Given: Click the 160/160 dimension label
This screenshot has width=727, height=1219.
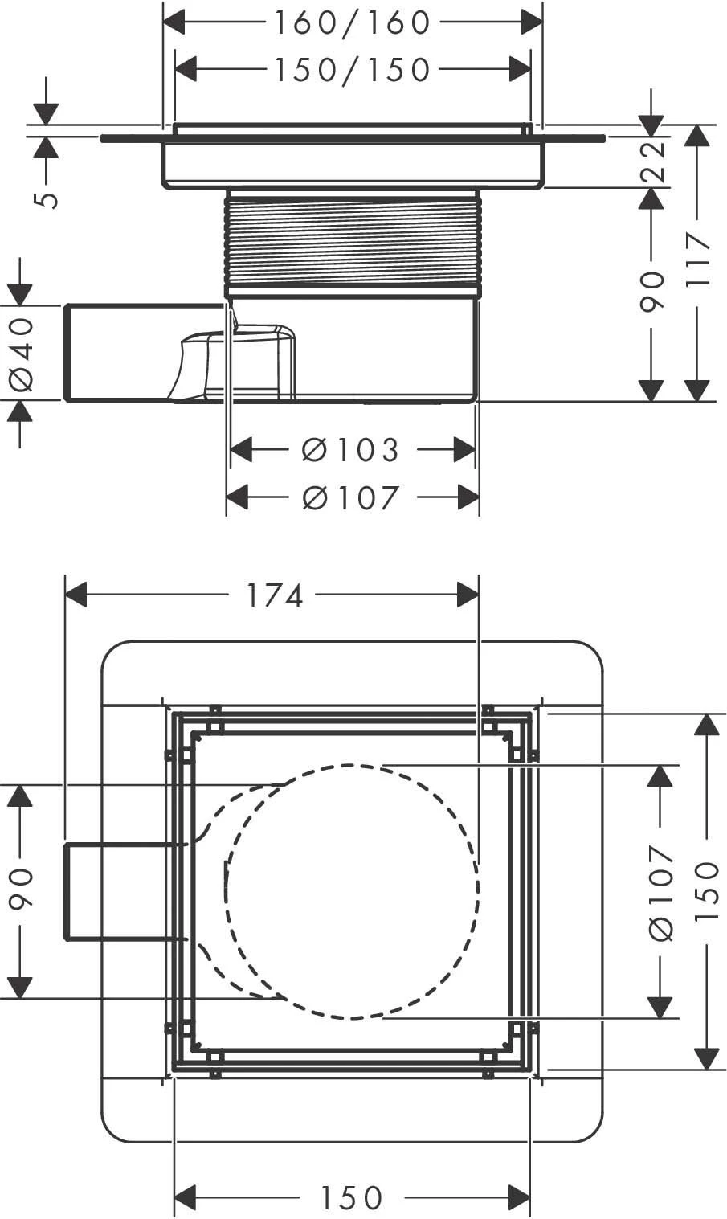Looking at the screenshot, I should coord(353,23).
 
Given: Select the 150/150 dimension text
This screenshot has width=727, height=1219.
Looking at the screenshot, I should coord(353,71).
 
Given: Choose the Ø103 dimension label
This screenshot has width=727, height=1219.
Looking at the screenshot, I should coord(351,451).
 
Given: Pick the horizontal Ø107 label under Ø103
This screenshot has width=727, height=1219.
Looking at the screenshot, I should coord(351,498).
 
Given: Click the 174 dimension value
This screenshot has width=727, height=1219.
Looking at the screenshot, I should coord(274,595).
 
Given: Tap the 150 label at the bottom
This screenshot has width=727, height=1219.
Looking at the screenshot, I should coord(352,1198).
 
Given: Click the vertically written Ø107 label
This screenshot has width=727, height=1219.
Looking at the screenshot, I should coord(660,893).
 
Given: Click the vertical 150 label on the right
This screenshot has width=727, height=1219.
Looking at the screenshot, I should coord(706,893).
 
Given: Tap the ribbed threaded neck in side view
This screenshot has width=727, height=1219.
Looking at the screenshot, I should coord(353,241).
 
